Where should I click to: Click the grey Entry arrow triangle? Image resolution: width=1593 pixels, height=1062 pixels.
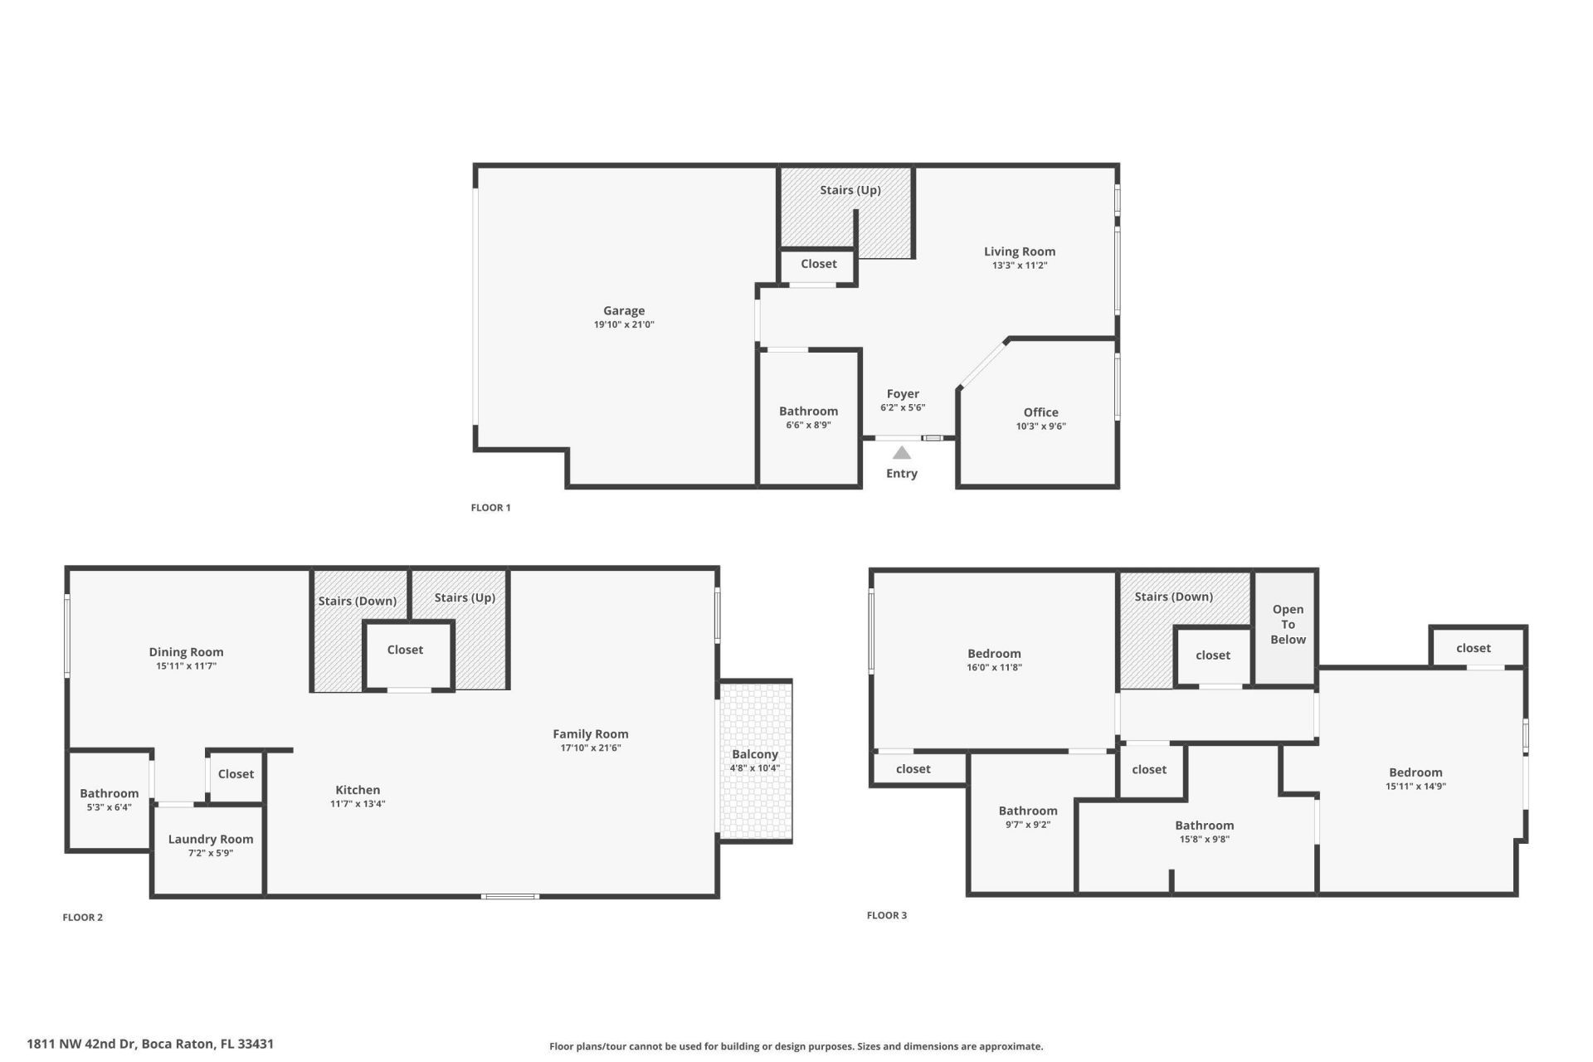coord(902,453)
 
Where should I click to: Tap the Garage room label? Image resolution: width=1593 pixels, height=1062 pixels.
coord(624,311)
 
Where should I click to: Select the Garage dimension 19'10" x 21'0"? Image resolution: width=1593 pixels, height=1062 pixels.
coord(624,325)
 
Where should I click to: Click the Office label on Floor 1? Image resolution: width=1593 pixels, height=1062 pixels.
coord(1040,412)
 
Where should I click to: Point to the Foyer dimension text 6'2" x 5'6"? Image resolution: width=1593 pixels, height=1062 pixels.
coord(903,407)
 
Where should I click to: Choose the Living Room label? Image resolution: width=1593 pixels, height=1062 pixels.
coord(1020,251)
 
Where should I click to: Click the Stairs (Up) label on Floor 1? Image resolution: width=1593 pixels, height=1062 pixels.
coord(850,190)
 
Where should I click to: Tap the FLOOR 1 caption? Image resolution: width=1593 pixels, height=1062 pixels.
coord(490,508)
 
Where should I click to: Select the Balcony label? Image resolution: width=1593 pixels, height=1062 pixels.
coord(754,754)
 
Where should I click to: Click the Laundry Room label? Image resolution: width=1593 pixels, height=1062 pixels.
coord(211,839)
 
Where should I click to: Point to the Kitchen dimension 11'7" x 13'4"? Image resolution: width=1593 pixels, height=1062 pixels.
coord(358,804)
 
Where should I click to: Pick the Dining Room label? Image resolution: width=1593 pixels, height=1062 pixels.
coord(186,652)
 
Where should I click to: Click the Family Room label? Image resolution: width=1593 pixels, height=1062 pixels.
coord(591,733)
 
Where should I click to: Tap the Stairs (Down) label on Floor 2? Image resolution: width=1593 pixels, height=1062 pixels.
coord(358,601)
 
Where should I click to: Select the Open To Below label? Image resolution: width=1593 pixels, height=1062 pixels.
coord(1288,624)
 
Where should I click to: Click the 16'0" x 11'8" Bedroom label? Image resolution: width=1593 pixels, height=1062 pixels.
coord(994,654)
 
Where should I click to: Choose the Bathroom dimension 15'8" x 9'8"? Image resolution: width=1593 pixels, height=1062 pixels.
coord(1205,839)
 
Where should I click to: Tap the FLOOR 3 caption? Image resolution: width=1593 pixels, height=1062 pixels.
coord(886,915)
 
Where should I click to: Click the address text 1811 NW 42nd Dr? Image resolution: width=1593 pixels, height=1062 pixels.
coord(80,1044)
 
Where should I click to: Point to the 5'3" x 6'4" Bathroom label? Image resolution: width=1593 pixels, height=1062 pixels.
coord(110,793)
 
